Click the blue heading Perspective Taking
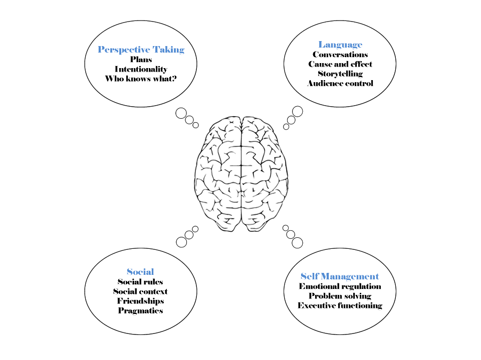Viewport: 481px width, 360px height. coord(141,50)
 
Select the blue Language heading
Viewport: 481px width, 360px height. coord(340,45)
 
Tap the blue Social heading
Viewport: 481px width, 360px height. coord(140,272)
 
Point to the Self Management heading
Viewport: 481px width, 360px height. coord(340,276)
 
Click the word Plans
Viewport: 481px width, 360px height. coord(141,60)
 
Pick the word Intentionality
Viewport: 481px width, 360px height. coord(141,69)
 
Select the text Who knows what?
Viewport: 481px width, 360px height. coord(141,79)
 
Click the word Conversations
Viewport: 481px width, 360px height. coord(340,55)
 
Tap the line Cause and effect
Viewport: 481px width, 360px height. coord(340,64)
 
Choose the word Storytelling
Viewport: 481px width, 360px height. coord(340,74)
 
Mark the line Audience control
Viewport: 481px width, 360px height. coord(340,83)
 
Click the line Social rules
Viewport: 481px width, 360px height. coord(140,282)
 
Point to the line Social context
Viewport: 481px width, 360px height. coord(140,291)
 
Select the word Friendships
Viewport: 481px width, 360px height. coord(140,301)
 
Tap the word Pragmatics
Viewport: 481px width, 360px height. coord(140,310)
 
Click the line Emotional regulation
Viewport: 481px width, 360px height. coord(340,286)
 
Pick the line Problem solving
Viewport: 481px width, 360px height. coord(340,296)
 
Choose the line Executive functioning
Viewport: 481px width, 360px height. coord(340,305)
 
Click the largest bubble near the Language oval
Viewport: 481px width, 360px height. coord(298,111)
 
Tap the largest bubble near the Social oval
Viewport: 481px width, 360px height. coord(181,242)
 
